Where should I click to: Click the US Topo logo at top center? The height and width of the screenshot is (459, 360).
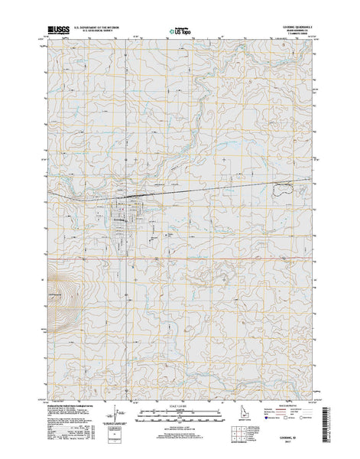pyautogui.click(x=181, y=32)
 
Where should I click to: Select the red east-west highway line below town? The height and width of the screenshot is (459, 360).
pyautogui.click(x=229, y=257)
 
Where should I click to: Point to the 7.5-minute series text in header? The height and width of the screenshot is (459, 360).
pyautogui.click(x=294, y=33)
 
